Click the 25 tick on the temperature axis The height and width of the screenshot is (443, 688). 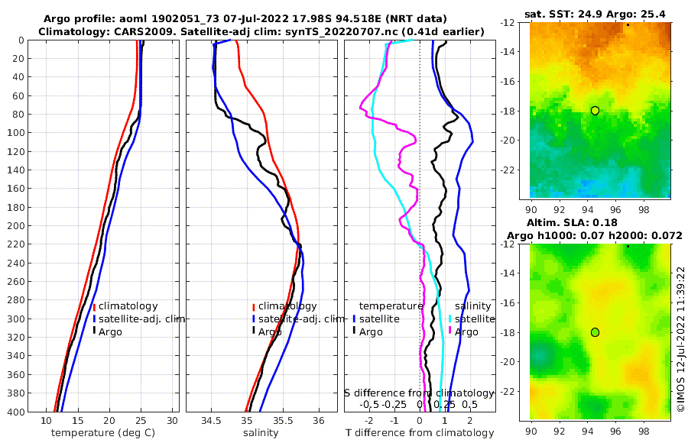141,421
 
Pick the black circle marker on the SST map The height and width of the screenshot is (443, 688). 595,111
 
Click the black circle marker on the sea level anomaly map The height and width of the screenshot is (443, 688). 595,332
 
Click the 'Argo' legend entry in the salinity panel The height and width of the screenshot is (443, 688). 270,331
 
